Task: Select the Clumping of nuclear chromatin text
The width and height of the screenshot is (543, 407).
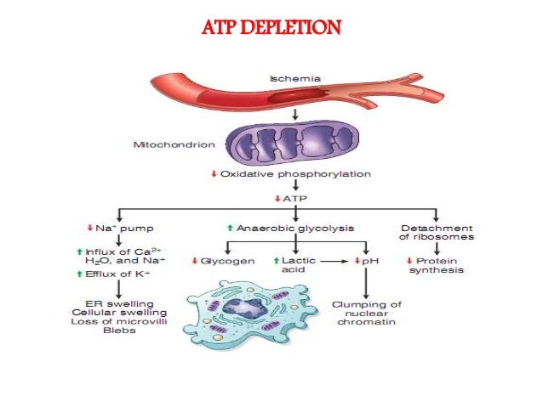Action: pyautogui.click(x=366, y=312)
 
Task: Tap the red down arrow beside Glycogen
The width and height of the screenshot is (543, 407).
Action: pyautogui.click(x=197, y=262)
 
